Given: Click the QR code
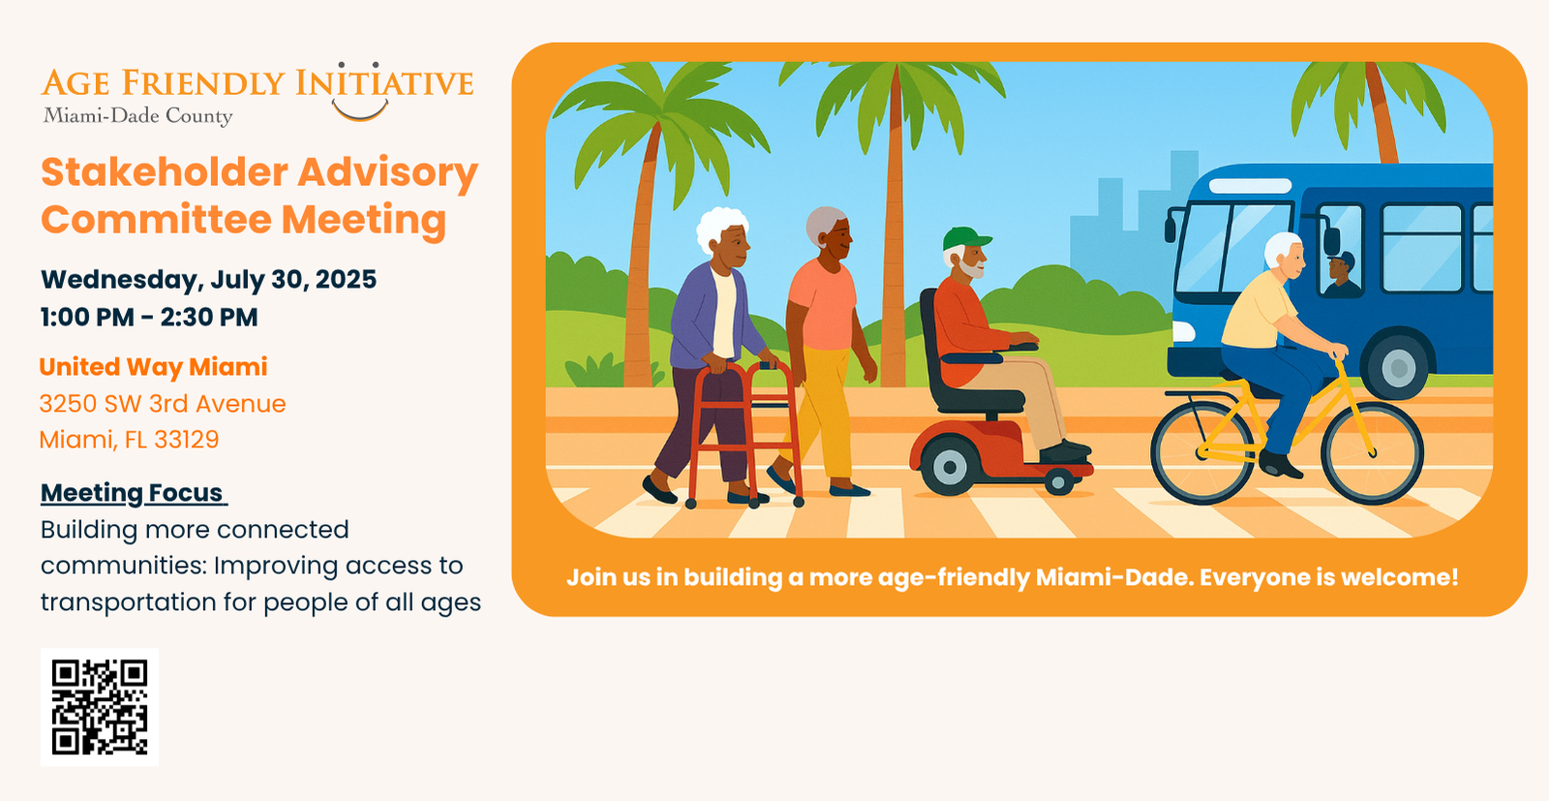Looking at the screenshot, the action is pyautogui.click(x=100, y=707).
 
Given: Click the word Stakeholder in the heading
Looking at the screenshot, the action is pyautogui.click(x=165, y=172).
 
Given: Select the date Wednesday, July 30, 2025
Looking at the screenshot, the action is pyautogui.click(x=208, y=280).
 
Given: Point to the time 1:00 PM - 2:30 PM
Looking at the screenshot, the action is pyautogui.click(x=149, y=317).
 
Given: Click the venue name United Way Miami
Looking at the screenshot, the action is pyautogui.click(x=154, y=367).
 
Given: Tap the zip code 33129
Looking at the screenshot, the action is pyautogui.click(x=186, y=439).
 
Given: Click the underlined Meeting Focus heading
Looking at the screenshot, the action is pyautogui.click(x=134, y=493).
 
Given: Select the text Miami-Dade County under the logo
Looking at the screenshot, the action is pyautogui.click(x=137, y=115).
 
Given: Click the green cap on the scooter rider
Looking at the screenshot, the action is pyautogui.click(x=966, y=238).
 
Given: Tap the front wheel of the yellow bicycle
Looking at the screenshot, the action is pyautogui.click(x=1372, y=453).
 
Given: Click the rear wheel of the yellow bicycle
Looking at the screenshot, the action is pyautogui.click(x=1202, y=453).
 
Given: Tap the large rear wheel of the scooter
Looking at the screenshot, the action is pyautogui.click(x=950, y=466).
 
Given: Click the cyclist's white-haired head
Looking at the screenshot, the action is pyautogui.click(x=1285, y=253).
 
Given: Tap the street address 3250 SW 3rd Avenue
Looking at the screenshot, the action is pyautogui.click(x=163, y=403).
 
